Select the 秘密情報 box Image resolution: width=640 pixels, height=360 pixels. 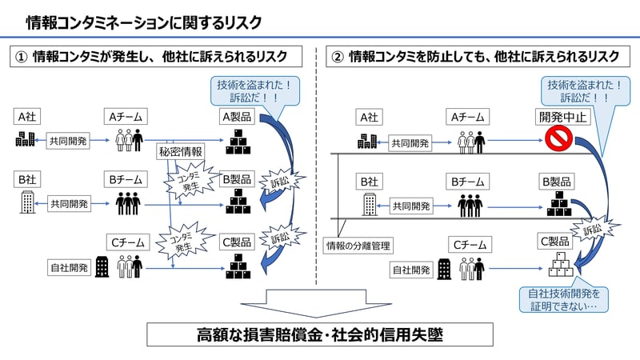[x=180, y=150]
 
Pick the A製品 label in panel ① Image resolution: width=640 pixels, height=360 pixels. [x=236, y=117]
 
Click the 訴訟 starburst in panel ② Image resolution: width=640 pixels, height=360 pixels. [x=593, y=229]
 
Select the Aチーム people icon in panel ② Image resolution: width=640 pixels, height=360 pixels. [x=470, y=142]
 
